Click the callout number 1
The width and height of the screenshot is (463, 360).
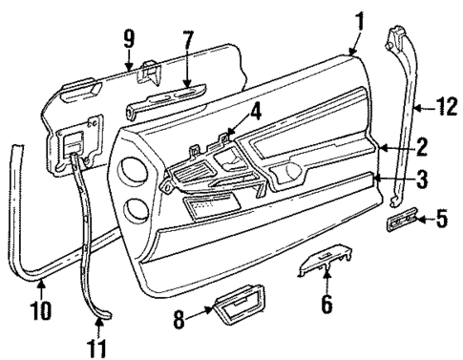359,19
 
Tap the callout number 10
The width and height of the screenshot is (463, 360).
37,310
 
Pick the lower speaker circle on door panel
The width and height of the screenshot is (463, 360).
136,209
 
